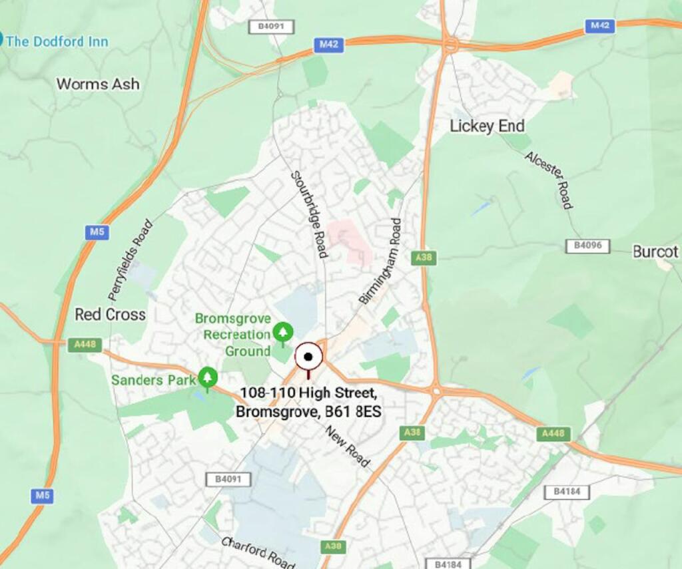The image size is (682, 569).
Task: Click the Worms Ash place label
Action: (x=98, y=84)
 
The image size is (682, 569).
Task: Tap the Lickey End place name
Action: (x=487, y=126)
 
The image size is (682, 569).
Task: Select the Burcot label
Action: (x=655, y=252)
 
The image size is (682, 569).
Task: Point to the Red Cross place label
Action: (x=110, y=314)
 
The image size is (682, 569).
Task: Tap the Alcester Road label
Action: (x=549, y=180)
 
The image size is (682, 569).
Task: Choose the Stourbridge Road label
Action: (x=308, y=214)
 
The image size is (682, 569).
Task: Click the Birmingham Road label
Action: (x=380, y=261)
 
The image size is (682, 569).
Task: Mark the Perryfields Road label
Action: (x=131, y=260)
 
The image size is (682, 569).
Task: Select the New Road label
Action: (x=348, y=446)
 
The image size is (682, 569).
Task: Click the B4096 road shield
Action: (x=587, y=246)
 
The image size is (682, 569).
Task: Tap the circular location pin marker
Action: (x=308, y=357)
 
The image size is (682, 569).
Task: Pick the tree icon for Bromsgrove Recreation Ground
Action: (x=282, y=331)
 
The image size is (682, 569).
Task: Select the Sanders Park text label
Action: (x=153, y=380)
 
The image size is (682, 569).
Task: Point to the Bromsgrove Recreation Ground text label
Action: (x=233, y=335)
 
